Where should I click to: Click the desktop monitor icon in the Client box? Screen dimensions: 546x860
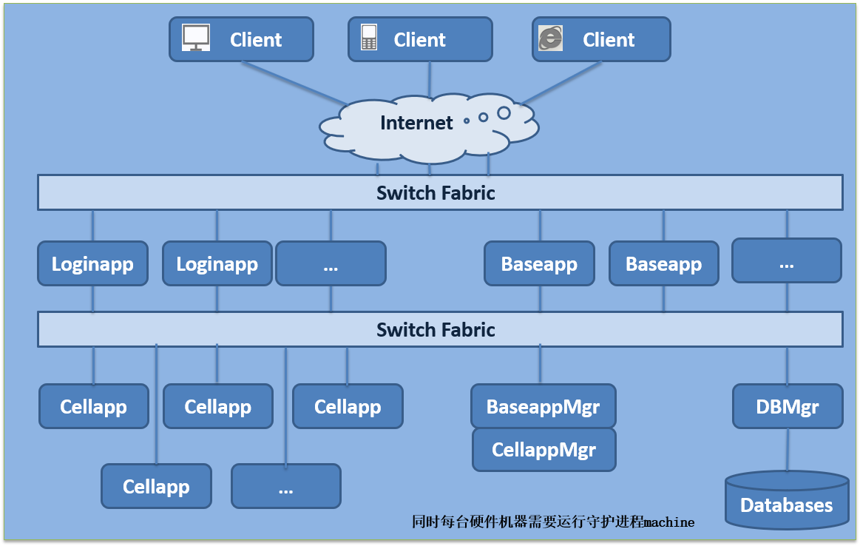[196, 38]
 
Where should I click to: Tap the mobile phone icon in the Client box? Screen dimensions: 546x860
[369, 38]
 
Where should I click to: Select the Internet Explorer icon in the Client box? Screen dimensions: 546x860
[550, 38]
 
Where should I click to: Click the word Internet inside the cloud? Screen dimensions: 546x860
[416, 123]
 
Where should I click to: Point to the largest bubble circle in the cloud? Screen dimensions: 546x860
[504, 113]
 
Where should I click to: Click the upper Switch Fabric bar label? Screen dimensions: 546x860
[436, 193]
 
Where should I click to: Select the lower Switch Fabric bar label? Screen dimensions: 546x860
[436, 329]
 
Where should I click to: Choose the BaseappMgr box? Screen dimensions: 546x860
[543, 406]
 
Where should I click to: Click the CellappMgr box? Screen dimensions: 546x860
[544, 449]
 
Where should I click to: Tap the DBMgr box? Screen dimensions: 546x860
[787, 406]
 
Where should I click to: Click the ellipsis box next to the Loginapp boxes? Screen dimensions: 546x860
[331, 264]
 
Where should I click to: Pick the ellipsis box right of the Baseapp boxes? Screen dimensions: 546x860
[786, 260]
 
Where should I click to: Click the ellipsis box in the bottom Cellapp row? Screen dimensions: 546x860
[286, 486]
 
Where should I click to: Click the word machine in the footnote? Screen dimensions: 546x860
[669, 522]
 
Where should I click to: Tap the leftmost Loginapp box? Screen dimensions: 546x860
[92, 264]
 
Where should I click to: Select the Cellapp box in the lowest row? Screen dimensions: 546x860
[156, 486]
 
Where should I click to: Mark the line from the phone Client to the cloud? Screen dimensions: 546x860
[430, 78]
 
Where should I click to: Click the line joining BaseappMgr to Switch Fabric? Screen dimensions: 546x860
[541, 364]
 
